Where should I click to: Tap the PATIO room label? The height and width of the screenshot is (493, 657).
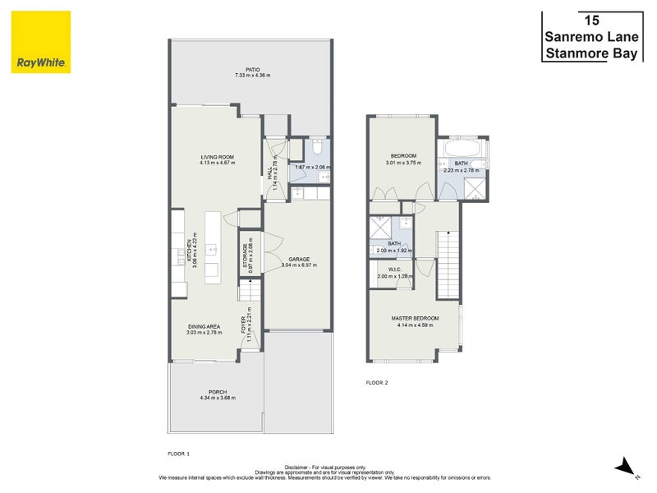pos(252,70)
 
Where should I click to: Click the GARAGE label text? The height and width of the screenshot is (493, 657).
pos(298,259)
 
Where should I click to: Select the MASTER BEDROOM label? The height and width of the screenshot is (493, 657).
pos(415,318)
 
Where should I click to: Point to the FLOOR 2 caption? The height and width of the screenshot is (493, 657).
pos(376,383)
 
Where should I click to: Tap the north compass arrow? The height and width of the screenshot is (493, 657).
pos(627,466)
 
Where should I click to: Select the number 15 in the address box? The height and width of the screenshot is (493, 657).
pos(590,20)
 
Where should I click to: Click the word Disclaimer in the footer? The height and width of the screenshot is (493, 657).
pos(301,465)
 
